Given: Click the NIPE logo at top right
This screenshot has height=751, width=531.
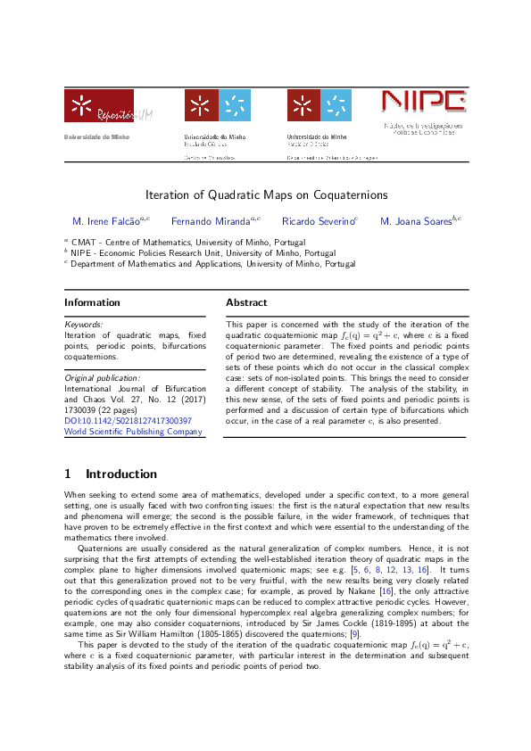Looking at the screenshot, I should point(422,105).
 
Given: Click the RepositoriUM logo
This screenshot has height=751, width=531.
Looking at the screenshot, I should point(98,106).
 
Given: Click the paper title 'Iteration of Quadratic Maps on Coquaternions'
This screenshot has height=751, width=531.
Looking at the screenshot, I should point(266,194).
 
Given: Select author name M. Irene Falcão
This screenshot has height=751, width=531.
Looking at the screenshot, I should point(108,221).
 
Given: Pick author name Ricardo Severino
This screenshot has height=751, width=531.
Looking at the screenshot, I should point(318,221).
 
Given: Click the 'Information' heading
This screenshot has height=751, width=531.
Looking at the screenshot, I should point(93,302).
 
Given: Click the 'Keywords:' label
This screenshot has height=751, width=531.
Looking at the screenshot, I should point(84,325).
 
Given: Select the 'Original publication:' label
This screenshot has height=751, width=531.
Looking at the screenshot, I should point(102,378).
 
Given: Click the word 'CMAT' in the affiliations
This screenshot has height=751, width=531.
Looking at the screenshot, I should point(85,242).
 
